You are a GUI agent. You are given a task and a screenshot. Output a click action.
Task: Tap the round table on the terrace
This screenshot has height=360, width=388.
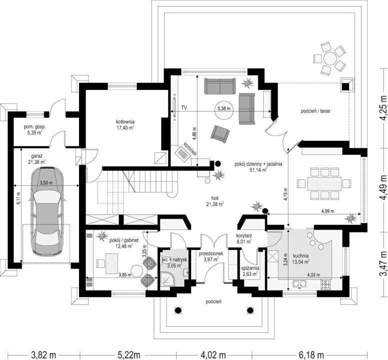(329, 58)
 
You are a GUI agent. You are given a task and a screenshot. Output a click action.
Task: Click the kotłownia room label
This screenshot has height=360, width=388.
(125, 124)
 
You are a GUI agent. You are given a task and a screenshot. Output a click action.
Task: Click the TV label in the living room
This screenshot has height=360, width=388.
(184, 107)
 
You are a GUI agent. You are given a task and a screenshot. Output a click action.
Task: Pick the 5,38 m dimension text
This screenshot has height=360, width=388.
(223, 108)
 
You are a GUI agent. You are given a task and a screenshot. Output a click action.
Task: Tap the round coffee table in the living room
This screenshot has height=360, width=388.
(223, 110)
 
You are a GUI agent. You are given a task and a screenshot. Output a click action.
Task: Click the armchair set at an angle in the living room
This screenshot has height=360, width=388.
(220, 134)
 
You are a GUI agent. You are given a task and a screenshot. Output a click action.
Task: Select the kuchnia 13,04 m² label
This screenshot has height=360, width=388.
(300, 258)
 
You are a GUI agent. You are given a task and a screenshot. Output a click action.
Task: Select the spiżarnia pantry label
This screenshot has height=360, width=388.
(250, 270)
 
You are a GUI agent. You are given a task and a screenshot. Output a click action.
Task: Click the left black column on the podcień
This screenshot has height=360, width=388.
(178, 310)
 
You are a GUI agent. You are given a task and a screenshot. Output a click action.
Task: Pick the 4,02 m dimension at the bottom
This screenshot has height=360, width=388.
(213, 354)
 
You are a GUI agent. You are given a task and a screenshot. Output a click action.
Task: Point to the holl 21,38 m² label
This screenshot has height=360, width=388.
(215, 201)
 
